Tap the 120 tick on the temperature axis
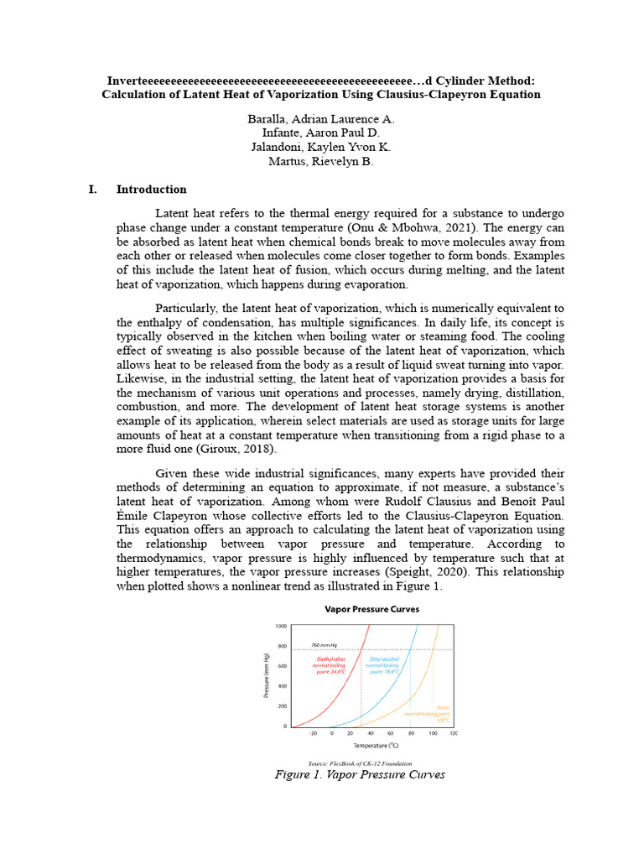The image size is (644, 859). coord(454,733)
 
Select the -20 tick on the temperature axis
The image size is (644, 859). coord(313,733)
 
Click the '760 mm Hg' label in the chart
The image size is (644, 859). coord(324,645)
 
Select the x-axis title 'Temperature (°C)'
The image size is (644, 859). coord(376,745)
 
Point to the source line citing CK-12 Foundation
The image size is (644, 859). coord(360,763)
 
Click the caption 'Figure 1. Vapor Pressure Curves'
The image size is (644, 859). coord(360,775)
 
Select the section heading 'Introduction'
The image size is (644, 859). coord(151,190)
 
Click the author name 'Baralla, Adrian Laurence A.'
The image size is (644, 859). coord(321,119)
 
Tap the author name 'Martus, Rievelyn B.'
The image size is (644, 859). coord(321,162)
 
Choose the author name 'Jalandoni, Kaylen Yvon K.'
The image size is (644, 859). coord(321,148)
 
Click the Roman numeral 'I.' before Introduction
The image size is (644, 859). coord(94,190)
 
